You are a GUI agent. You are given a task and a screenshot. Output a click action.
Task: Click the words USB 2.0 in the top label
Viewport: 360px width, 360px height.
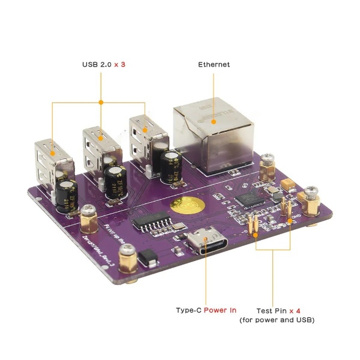(x=96, y=64)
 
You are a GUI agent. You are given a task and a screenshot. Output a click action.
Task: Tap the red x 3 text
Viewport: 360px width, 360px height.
(x=120, y=64)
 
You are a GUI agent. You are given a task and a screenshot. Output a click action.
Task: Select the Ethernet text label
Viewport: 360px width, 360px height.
(x=214, y=64)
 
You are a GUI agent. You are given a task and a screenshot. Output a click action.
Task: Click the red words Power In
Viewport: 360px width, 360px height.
(x=220, y=310)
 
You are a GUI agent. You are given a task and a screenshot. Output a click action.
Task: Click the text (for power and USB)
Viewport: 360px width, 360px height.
(x=277, y=320)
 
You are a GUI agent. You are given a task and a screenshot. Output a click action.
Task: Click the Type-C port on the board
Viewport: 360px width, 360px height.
(x=205, y=243)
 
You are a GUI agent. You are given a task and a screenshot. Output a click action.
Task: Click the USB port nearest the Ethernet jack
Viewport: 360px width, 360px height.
(x=144, y=137)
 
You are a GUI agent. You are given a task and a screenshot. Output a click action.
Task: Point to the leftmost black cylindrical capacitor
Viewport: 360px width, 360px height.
(x=64, y=197)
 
